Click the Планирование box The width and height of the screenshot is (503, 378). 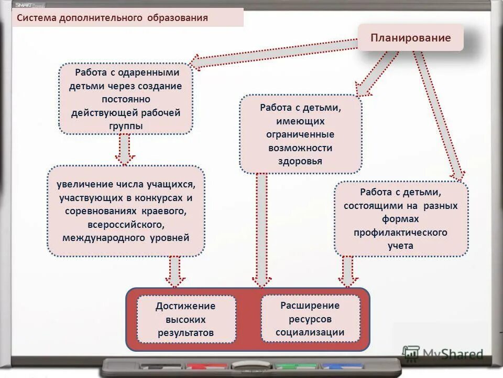click(411, 37)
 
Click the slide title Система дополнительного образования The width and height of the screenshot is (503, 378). click(112, 18)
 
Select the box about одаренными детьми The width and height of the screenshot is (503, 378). click(126, 99)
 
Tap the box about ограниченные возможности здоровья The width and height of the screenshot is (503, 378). click(300, 134)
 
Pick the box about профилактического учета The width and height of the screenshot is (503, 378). click(401, 218)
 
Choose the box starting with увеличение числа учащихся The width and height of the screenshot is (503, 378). click(126, 211)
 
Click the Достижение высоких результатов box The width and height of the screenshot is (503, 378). click(186, 319)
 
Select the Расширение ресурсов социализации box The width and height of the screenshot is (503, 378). click(310, 319)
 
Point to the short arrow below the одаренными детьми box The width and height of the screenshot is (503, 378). click(125, 149)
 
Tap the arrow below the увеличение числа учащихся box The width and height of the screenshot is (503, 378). click(175, 271)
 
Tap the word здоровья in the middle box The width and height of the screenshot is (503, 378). click(300, 161)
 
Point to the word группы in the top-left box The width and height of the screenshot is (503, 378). click(126, 126)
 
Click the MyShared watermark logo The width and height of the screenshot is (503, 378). click(443, 354)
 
